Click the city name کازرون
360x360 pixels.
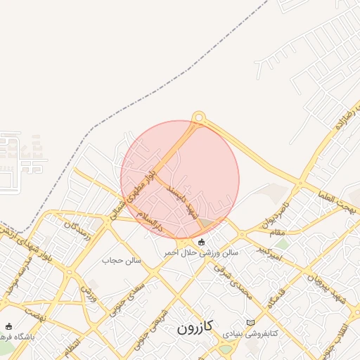pos(195,328)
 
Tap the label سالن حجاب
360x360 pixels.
pos(122,260)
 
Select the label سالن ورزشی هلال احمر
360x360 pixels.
pos(202,252)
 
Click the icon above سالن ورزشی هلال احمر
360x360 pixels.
pos(202,242)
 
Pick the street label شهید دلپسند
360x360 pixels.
pos(181,204)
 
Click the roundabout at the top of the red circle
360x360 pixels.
pos(199,117)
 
